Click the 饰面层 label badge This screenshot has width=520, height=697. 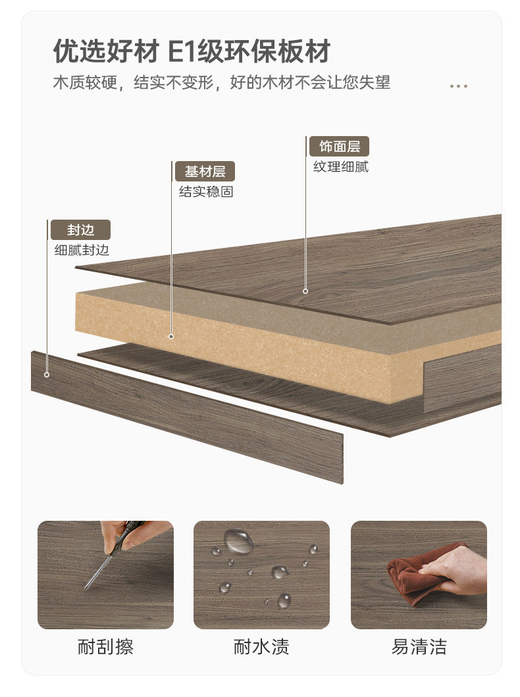pos(340,146)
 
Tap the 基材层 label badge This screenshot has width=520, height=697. pos(205,171)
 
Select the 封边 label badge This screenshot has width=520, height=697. pos(80,230)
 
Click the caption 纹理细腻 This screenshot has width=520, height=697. pos(341,167)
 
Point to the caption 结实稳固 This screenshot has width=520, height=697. pos(206,191)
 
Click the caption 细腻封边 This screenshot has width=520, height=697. pos(82,251)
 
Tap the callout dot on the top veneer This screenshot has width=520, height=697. pos(305,291)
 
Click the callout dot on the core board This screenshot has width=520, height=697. pos(171,337)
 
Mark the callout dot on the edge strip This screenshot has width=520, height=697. pos(47,375)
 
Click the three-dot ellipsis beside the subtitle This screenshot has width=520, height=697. pos(459,85)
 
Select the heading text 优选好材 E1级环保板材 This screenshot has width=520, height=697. pos(192,51)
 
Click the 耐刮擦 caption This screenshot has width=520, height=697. pos(105,647)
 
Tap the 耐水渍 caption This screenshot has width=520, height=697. pos(261,647)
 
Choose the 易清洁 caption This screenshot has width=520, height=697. pos(419,647)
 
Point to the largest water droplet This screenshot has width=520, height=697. pos(238,541)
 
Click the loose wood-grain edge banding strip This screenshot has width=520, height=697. pos(187,418)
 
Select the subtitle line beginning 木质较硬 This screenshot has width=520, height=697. pos(222,83)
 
